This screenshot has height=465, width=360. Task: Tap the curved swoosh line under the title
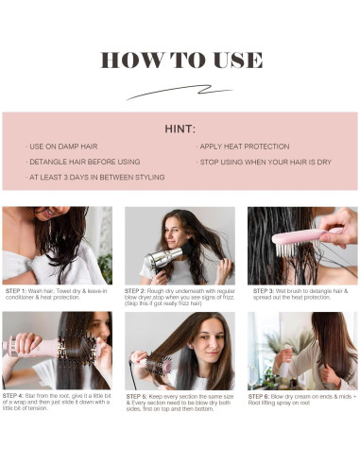[179, 93]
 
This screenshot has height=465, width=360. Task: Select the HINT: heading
[180, 129]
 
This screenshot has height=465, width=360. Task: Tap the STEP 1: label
[16, 290]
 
